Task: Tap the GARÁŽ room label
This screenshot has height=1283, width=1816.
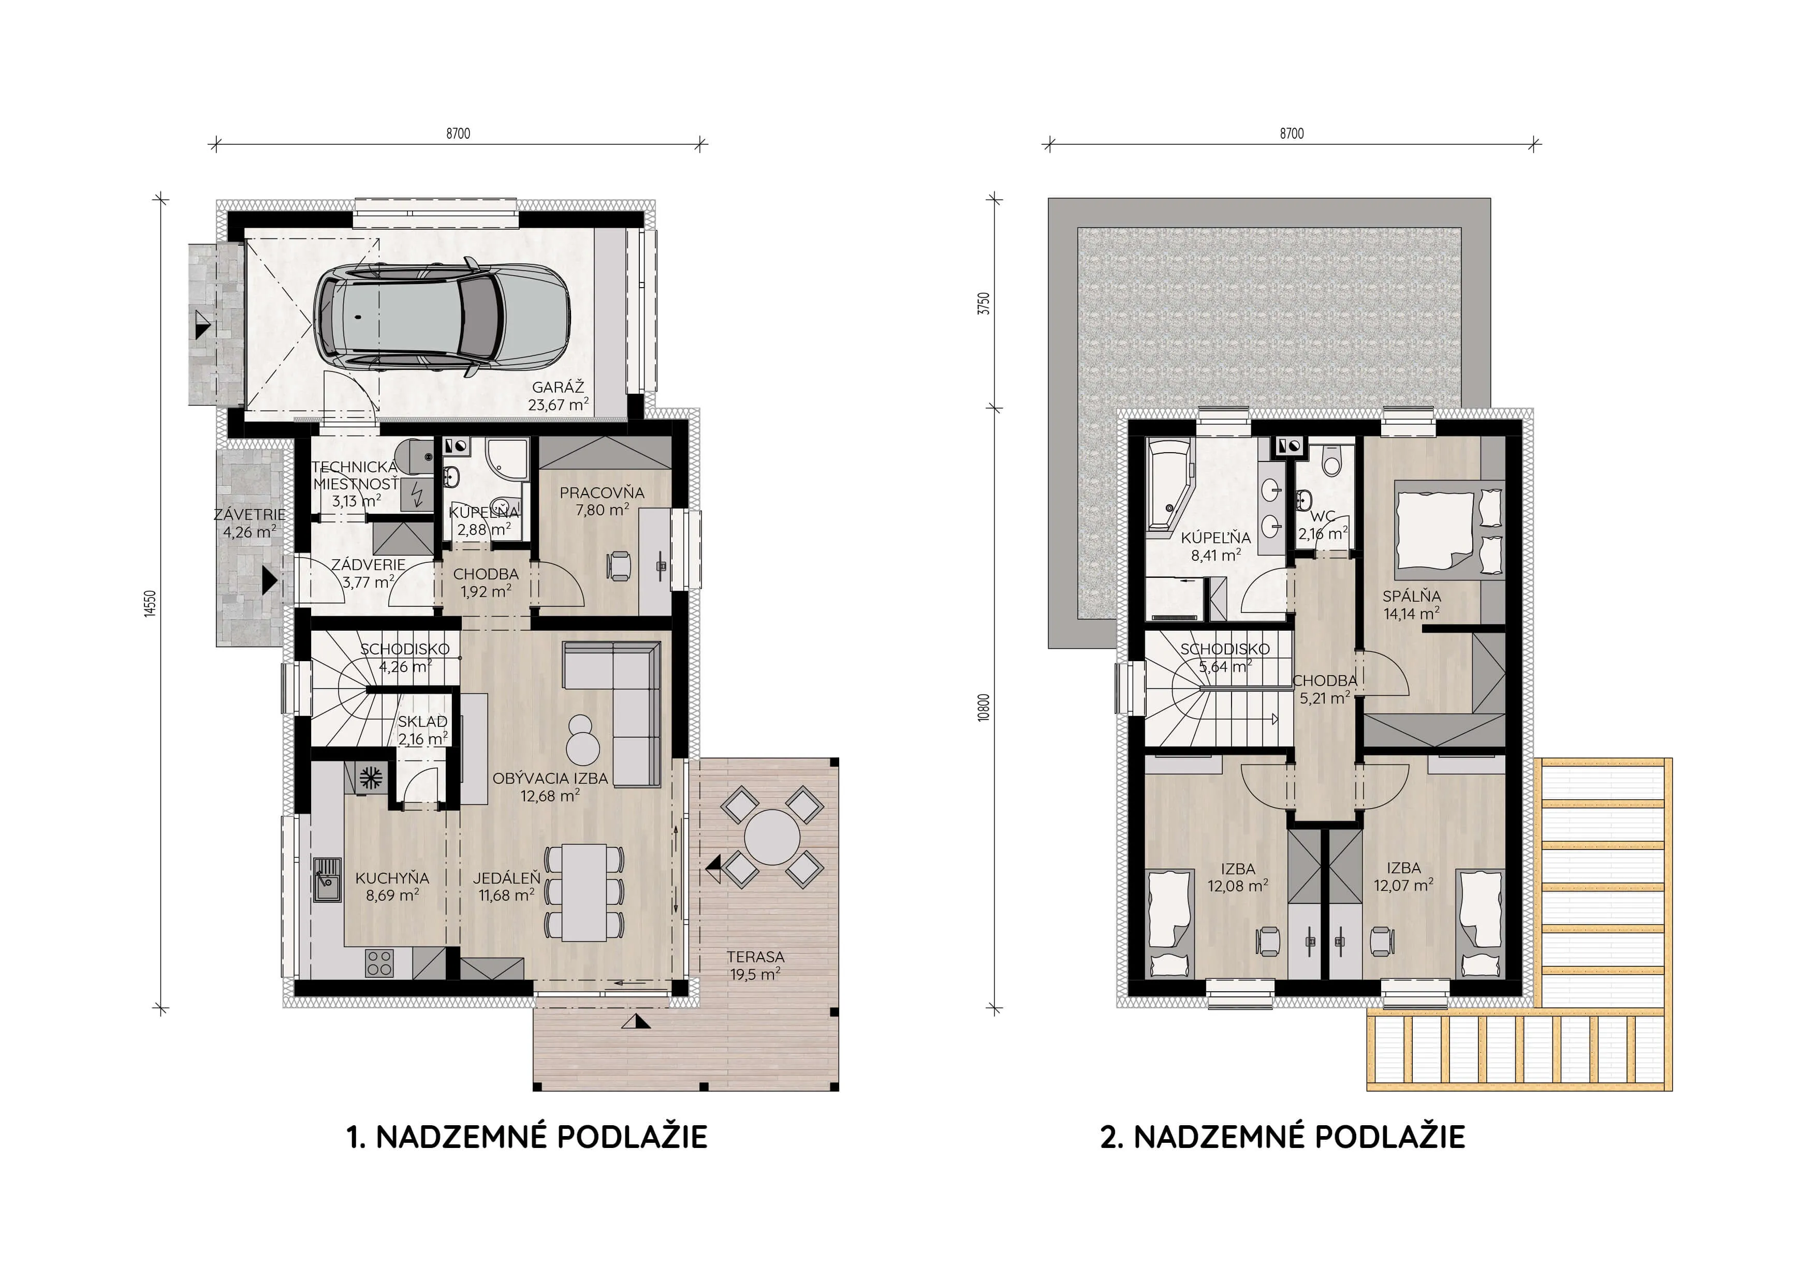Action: point(559,387)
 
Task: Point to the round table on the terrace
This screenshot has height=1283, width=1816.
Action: point(772,837)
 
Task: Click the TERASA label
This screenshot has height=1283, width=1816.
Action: point(755,957)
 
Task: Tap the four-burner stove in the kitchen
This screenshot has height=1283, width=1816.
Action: point(379,963)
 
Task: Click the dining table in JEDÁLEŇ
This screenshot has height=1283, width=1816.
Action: point(584,892)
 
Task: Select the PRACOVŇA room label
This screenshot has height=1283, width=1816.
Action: point(602,493)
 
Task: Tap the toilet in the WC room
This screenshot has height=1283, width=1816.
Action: point(1332,461)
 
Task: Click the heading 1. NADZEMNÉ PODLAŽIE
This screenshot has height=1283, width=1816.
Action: point(527,1137)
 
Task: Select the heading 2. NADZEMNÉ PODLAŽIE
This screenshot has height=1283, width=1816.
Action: point(1282,1137)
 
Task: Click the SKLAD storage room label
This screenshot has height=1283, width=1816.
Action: point(422,722)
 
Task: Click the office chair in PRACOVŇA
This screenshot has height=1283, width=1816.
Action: point(619,566)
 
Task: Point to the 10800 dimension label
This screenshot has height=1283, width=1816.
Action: point(983,708)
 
